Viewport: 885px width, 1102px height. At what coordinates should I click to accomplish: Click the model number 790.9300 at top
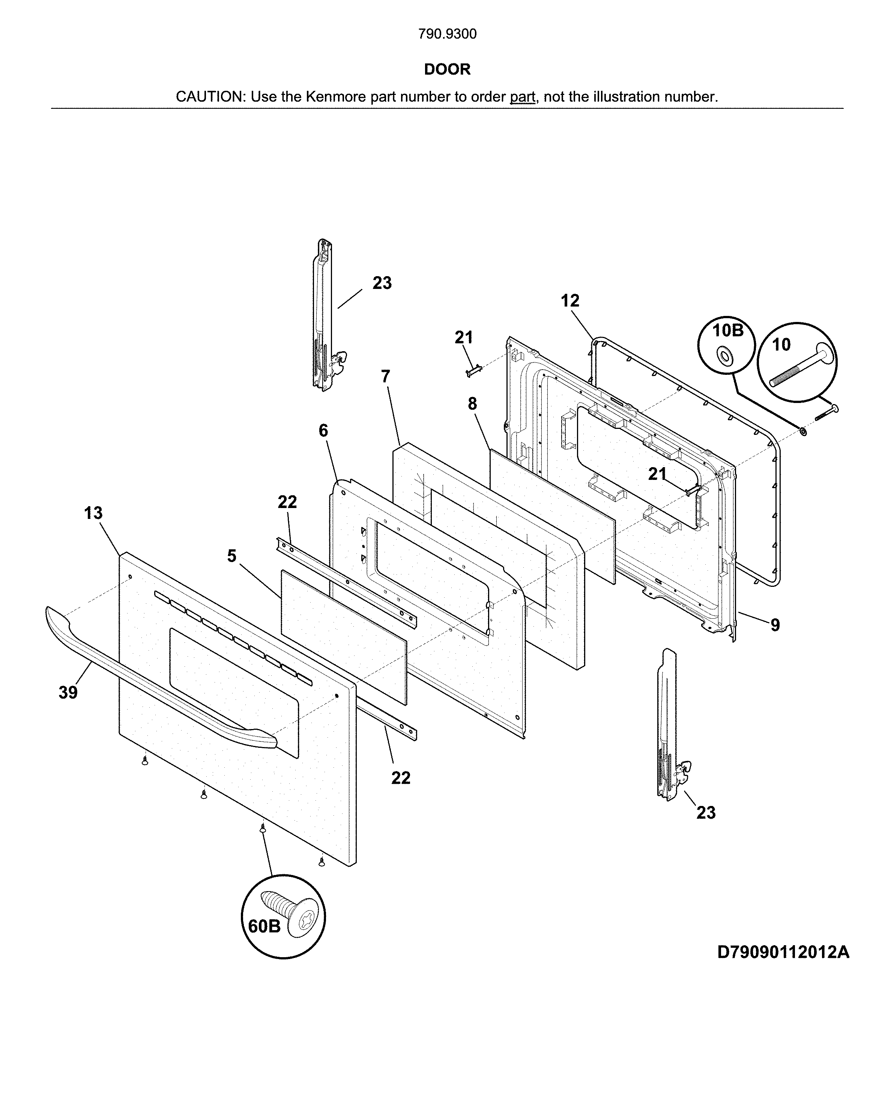click(x=447, y=34)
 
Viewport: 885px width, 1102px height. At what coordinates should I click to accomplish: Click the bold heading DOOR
click(x=447, y=69)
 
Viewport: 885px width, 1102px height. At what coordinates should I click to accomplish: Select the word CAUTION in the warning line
click(x=210, y=96)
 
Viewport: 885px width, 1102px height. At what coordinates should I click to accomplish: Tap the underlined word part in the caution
click(x=522, y=96)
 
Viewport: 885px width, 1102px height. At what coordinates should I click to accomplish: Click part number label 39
click(x=68, y=693)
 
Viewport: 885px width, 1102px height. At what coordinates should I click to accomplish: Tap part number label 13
click(x=93, y=513)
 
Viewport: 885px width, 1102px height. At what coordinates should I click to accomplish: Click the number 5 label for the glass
click(x=232, y=556)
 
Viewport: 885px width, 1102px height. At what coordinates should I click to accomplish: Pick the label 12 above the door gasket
click(x=570, y=301)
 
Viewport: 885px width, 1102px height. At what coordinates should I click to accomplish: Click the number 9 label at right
click(x=775, y=625)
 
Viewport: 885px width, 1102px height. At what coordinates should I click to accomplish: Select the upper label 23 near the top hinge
click(x=382, y=283)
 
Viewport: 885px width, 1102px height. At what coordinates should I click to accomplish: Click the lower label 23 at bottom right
click(x=706, y=812)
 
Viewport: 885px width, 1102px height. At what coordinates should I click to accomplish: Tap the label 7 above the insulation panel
click(x=386, y=376)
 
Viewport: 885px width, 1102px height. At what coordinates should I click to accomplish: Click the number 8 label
click(x=472, y=404)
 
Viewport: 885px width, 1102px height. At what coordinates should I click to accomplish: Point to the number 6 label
click(x=323, y=430)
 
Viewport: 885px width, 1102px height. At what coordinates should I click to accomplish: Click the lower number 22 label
click(x=401, y=777)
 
